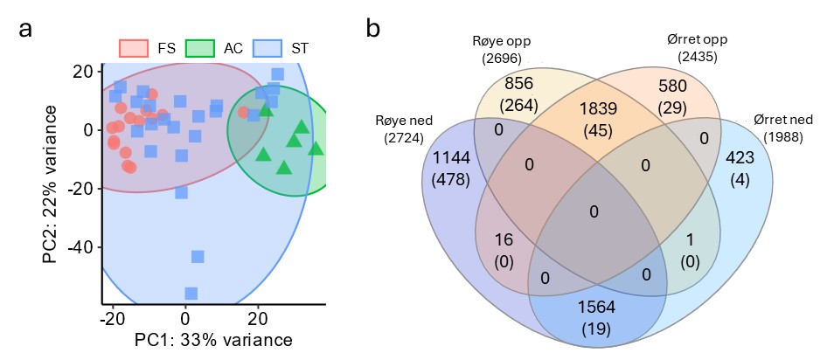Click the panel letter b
(373, 28)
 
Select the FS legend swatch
(134, 47)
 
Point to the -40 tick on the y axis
(81, 246)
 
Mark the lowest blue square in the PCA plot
(191, 293)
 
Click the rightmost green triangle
(316, 148)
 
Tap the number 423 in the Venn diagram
(742, 160)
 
